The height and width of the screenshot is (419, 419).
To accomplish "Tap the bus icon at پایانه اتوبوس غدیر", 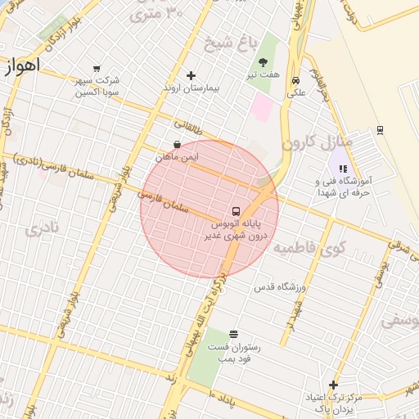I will [x=236, y=211].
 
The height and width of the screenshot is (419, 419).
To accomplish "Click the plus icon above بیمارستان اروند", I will [x=191, y=75].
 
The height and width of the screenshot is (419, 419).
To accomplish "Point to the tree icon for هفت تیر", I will [x=264, y=62].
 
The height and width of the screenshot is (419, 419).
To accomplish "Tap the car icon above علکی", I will [x=295, y=81].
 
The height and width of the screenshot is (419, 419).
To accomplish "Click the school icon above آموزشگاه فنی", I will [x=342, y=169].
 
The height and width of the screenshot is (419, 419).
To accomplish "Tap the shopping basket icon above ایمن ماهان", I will [x=177, y=144].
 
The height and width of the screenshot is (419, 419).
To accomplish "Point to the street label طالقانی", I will [x=187, y=129].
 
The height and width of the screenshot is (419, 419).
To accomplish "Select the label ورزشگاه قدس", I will [x=280, y=286].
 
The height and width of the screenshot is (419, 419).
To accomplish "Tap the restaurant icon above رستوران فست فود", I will [x=234, y=334].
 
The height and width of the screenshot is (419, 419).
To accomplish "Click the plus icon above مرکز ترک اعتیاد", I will [x=332, y=385].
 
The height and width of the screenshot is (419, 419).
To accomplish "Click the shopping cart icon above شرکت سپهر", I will [x=97, y=69].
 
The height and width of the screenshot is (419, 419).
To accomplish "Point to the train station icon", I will [x=380, y=129].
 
